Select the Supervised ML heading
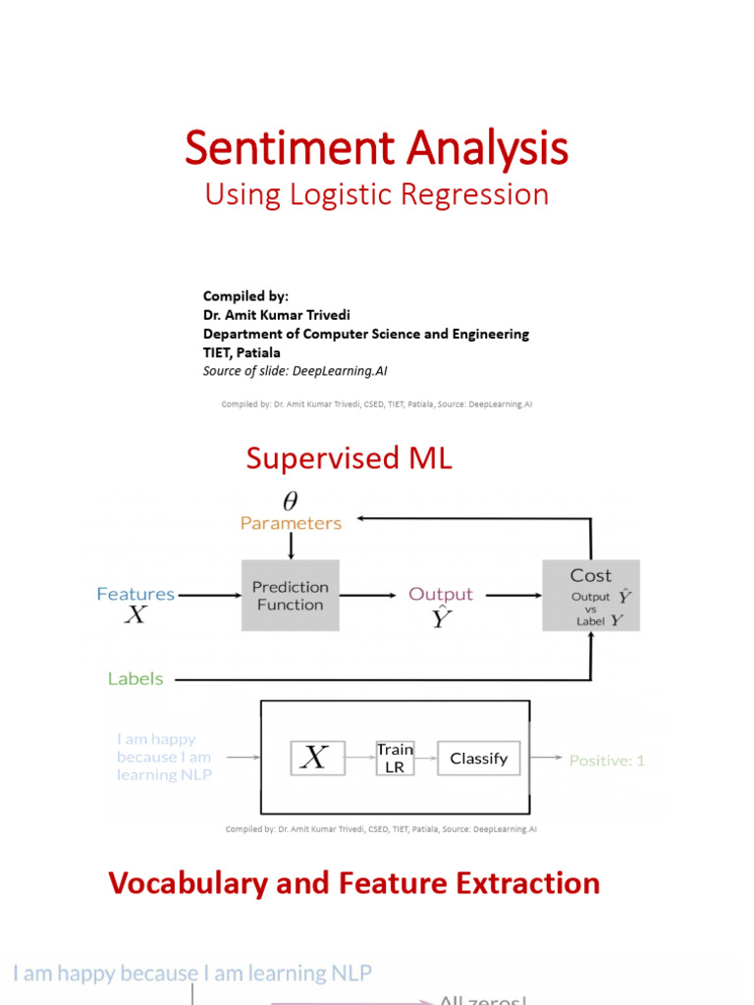tap(349, 458)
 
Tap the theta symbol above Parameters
tap(291, 501)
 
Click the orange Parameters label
tap(291, 523)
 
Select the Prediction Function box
tap(290, 596)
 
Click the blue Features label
tap(135, 594)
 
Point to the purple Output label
tap(441, 594)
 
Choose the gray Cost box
tap(591, 595)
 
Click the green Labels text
tap(135, 678)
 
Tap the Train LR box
tap(395, 758)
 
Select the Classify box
tap(478, 758)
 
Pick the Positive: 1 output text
tap(607, 760)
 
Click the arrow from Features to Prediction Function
tap(209, 595)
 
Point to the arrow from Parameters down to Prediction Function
tap(291, 546)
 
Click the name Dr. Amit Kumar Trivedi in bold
tap(277, 315)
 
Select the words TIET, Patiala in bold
tap(242, 352)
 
